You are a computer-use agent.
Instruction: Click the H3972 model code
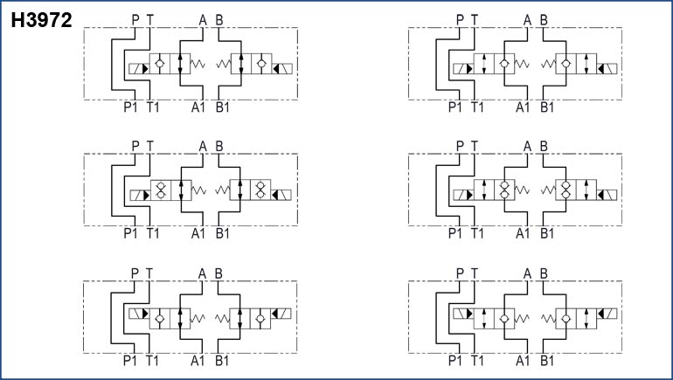click(x=41, y=18)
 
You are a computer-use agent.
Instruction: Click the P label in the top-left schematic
click(x=135, y=19)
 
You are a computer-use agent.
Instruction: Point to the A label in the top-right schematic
click(x=527, y=19)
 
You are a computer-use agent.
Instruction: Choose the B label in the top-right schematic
click(x=544, y=19)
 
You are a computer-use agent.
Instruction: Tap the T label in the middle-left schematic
click(x=149, y=146)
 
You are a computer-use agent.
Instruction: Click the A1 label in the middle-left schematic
click(x=199, y=233)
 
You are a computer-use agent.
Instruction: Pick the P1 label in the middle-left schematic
click(x=130, y=233)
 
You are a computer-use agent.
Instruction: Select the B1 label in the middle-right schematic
click(x=547, y=233)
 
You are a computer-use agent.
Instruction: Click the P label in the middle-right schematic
click(x=461, y=146)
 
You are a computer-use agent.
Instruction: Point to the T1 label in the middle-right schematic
click(x=477, y=233)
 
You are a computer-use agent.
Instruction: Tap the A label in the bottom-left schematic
click(x=203, y=273)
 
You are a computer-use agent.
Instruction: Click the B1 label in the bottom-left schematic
click(x=222, y=359)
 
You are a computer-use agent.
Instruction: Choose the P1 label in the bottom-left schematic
click(x=130, y=359)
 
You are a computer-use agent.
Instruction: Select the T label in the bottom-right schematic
click(x=475, y=273)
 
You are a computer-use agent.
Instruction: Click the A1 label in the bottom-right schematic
click(x=524, y=359)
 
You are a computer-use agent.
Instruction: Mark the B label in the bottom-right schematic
click(x=544, y=273)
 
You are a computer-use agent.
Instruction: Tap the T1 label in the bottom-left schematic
click(x=153, y=359)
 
